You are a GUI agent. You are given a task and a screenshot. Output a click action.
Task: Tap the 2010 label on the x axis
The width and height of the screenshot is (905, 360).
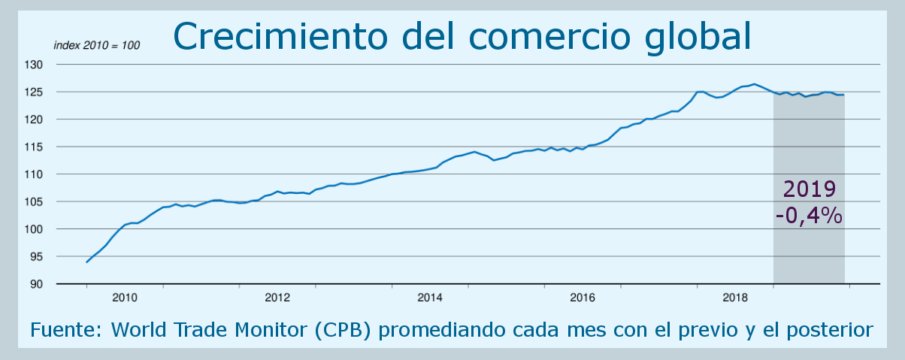coord(125,298)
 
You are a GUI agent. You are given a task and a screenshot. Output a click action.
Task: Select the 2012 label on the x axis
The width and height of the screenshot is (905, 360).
coord(277,298)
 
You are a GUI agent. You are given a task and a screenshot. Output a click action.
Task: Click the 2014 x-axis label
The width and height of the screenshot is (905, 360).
coord(431,298)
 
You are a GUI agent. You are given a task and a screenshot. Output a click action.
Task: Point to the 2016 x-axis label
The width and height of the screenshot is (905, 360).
coord(583,298)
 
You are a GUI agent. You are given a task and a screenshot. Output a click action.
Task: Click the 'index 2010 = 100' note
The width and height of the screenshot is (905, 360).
coord(97,45)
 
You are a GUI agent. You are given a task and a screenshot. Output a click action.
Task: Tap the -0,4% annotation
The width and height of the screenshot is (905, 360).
coord(808,216)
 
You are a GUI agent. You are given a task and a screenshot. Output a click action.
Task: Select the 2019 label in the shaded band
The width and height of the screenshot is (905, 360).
coord(809,189)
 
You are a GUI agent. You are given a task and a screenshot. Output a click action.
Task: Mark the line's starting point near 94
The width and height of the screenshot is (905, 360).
coord(87,262)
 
